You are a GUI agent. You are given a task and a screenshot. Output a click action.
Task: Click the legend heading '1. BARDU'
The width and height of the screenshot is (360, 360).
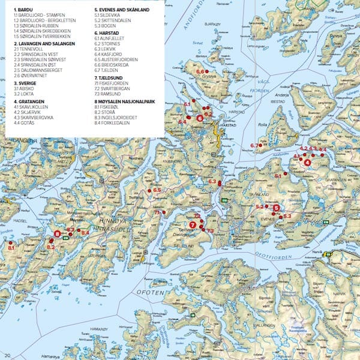[23, 10]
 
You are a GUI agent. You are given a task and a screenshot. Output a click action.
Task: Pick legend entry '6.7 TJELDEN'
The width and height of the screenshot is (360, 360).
[110, 68]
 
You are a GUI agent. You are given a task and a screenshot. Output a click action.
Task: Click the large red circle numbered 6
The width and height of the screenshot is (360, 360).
[199, 118]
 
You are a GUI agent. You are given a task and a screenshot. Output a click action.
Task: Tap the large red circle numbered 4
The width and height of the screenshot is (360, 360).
[307, 162]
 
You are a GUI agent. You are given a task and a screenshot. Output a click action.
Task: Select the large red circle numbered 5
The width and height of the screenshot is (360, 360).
[276, 208]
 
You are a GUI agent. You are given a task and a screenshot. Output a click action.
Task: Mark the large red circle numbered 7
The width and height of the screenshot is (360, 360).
[193, 224]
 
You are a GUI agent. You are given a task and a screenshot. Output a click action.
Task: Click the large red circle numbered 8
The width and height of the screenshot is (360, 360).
[57, 234]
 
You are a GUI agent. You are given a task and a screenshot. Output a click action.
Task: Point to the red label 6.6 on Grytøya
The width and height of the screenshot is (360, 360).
[201, 71]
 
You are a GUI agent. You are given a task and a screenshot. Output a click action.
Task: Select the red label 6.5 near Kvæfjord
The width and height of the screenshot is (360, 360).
[158, 190]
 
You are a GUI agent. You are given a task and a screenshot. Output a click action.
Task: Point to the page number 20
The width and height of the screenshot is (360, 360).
[7, 356]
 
